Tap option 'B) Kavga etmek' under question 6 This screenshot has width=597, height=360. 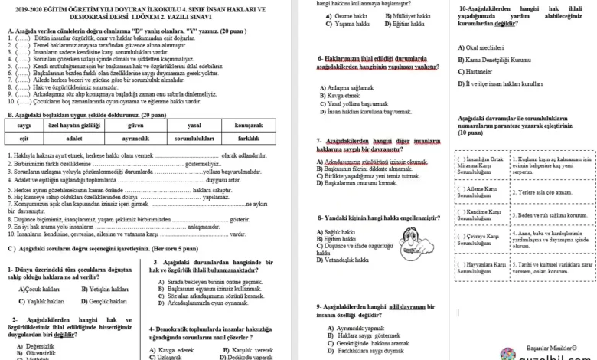pyautogui.click(x=339, y=94)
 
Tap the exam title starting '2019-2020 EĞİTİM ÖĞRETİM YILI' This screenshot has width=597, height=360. pyautogui.click(x=146, y=9)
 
